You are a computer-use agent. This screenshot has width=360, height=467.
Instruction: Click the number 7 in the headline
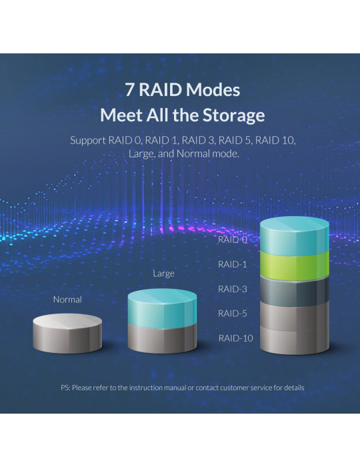(129, 89)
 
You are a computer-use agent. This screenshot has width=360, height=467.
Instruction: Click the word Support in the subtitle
(88, 140)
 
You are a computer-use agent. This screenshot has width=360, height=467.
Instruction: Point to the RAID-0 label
(233, 240)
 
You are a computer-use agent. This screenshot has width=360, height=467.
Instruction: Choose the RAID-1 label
(233, 264)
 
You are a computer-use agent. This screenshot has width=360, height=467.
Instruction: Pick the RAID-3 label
(233, 289)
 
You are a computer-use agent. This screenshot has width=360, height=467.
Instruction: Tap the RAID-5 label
(233, 314)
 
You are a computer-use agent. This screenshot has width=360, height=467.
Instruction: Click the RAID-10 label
(235, 338)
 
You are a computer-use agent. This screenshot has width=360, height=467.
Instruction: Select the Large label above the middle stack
(163, 274)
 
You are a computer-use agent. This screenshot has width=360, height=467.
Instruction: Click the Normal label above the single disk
(67, 300)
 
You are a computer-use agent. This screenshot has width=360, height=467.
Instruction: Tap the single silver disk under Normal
(67, 334)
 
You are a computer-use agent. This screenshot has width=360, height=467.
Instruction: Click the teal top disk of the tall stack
(295, 236)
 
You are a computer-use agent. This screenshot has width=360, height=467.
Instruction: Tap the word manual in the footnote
(175, 388)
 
